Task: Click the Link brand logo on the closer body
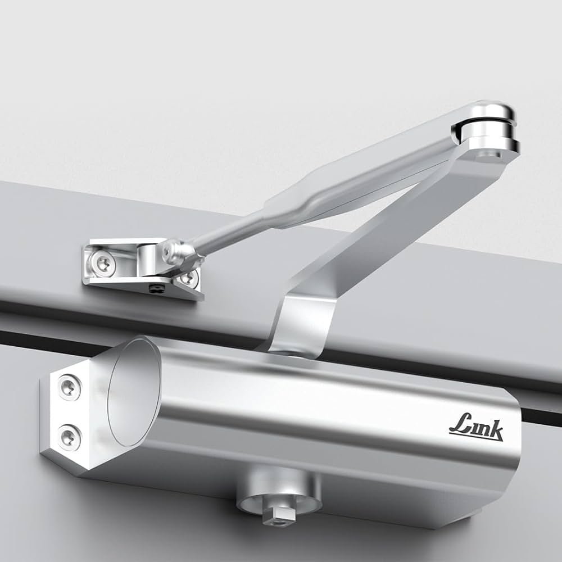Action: coord(476,430)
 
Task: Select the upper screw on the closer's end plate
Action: coord(69,386)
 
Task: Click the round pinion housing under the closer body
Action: coord(279,492)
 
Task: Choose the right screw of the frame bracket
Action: coord(188,278)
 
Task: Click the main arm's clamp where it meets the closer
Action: coord(303,326)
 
